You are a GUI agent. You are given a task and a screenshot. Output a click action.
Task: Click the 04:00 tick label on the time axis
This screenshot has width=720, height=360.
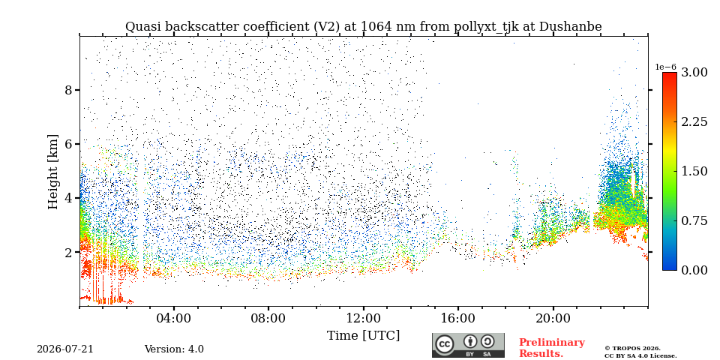[x=174, y=318]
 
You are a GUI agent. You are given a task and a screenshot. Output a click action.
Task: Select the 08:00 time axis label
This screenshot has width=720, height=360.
[x=268, y=318]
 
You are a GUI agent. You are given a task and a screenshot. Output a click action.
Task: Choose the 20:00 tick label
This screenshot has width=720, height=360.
[x=553, y=318]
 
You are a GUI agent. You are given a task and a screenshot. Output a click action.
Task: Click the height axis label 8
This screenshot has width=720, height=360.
[x=68, y=90]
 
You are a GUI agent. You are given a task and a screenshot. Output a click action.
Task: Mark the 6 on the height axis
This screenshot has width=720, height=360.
[x=68, y=144]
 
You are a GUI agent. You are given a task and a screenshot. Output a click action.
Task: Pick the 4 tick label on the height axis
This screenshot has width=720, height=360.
[x=68, y=198]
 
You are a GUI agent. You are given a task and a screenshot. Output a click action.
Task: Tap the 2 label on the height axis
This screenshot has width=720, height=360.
[x=68, y=253]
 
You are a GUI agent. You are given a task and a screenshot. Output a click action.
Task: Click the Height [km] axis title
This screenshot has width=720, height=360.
[x=53, y=172]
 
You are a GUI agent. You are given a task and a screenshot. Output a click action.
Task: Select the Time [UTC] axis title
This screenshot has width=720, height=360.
[x=363, y=336]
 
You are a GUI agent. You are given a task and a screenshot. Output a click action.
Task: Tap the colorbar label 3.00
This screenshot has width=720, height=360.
[x=694, y=73]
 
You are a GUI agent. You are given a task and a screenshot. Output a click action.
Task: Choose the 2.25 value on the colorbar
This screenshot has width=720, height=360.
[x=694, y=121]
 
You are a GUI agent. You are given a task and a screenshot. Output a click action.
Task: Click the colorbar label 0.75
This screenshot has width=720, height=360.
[x=694, y=220]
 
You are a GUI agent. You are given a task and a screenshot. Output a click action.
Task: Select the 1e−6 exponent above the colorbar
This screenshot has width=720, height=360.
[x=665, y=67]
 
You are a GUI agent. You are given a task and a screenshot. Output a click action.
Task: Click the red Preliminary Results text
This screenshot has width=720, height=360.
[x=552, y=348]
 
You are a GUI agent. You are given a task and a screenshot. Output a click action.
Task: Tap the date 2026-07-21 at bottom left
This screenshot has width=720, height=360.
[x=64, y=349]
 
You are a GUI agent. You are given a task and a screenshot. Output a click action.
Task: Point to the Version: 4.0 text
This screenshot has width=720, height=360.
[x=174, y=349]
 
